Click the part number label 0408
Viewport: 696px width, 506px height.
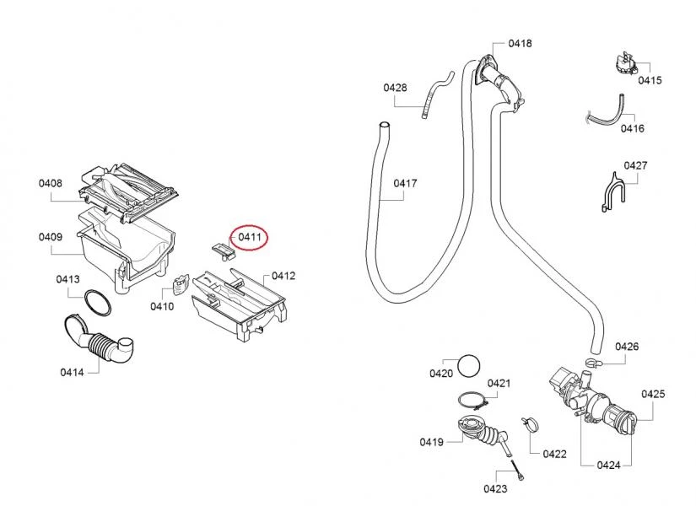50,183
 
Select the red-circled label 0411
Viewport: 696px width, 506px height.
249,238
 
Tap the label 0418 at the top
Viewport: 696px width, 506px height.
519,43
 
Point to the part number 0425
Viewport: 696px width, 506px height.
653,394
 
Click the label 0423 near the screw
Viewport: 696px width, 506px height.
495,488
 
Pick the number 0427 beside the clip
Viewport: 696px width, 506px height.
635,165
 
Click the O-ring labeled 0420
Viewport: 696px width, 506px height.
470,367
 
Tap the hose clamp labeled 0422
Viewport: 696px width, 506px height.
530,423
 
